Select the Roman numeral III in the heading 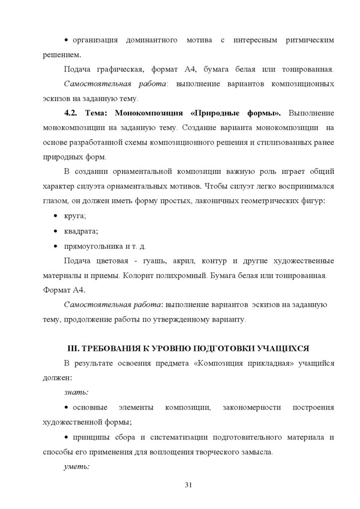(x=73, y=347)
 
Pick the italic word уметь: (x=77, y=467)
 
